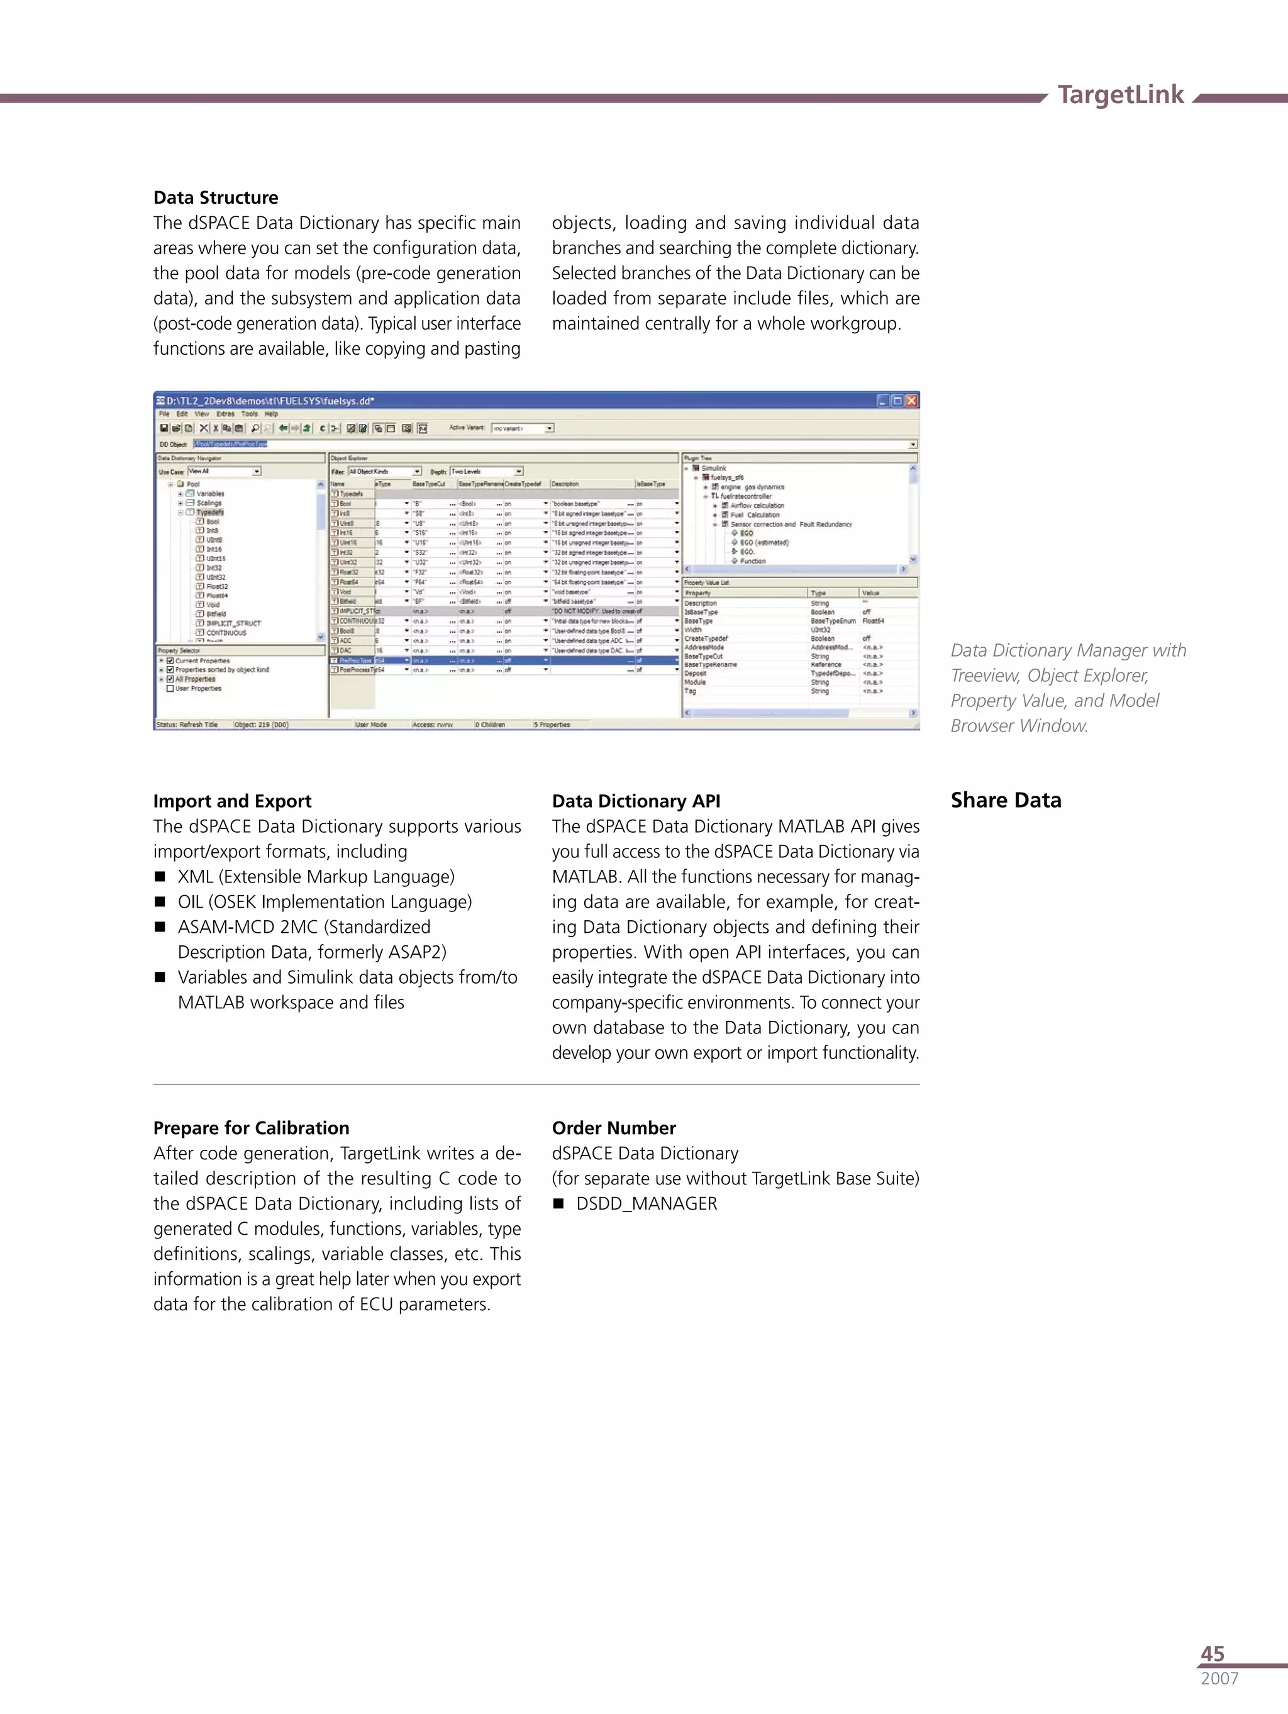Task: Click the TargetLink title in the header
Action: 1120,94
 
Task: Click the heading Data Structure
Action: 216,198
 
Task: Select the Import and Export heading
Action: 231,801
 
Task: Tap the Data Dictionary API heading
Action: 635,801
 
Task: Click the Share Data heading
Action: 1005,801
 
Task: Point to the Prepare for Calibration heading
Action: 251,1128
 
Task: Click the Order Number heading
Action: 614,1128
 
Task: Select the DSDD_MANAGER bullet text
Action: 647,1204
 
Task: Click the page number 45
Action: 1212,1654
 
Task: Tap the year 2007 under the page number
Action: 1219,1678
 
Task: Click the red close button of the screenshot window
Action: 911,401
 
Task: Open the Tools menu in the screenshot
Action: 249,414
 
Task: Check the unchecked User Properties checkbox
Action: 170,688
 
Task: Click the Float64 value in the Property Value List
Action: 873,621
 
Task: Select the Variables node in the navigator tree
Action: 209,494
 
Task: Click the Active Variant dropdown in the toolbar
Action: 523,428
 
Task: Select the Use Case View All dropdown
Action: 225,471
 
